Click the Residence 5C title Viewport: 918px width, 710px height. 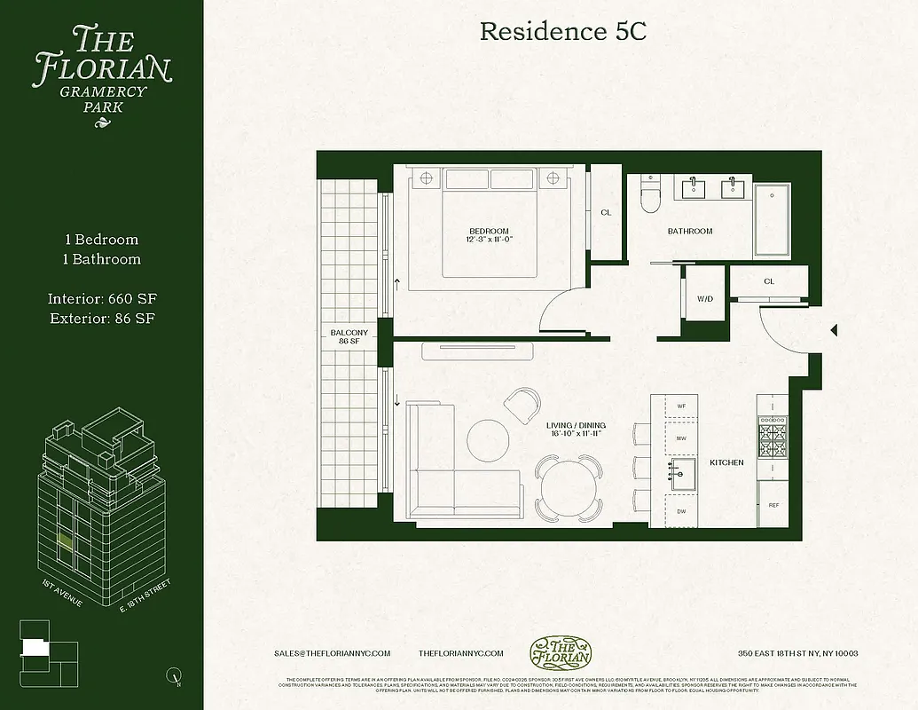click(562, 31)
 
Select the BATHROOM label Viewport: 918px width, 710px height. click(689, 232)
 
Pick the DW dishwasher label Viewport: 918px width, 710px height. click(681, 511)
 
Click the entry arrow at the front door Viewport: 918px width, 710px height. click(834, 330)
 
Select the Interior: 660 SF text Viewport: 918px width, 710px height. click(102, 298)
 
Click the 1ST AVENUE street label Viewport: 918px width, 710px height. click(62, 593)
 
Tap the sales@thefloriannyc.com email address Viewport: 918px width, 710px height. click(333, 653)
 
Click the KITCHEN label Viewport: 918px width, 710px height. click(726, 463)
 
